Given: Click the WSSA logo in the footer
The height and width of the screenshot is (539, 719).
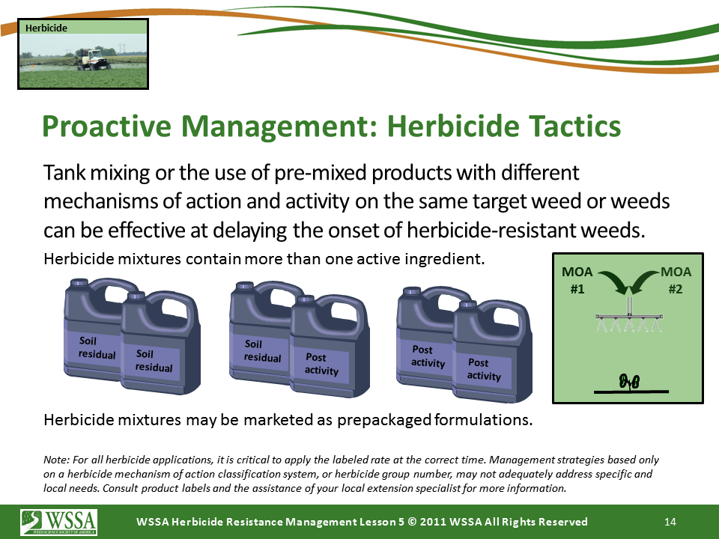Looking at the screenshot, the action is point(58,522).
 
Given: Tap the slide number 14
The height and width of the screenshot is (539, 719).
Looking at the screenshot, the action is point(670,522).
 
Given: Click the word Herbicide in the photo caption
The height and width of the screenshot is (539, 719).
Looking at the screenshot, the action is point(46,28).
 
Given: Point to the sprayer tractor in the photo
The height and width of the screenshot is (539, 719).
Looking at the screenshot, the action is point(94,59).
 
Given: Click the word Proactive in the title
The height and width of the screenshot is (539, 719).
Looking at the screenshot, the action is point(107,127).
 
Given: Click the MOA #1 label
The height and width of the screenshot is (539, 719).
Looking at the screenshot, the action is point(577,281).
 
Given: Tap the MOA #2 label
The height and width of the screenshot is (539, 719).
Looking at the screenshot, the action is point(676,281).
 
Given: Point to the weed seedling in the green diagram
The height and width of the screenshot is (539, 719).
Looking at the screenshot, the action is point(629,381).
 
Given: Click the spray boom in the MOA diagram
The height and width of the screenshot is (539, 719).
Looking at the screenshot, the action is point(629,317).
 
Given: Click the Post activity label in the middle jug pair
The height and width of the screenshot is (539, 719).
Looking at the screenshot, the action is point(321,364).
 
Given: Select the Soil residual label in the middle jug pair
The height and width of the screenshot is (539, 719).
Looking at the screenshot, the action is point(262,350).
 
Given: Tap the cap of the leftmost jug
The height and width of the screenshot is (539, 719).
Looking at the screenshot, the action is point(79,282).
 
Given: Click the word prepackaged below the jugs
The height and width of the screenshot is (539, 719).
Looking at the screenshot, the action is point(384,420).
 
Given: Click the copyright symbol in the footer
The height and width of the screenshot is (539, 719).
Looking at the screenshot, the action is point(412,522).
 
